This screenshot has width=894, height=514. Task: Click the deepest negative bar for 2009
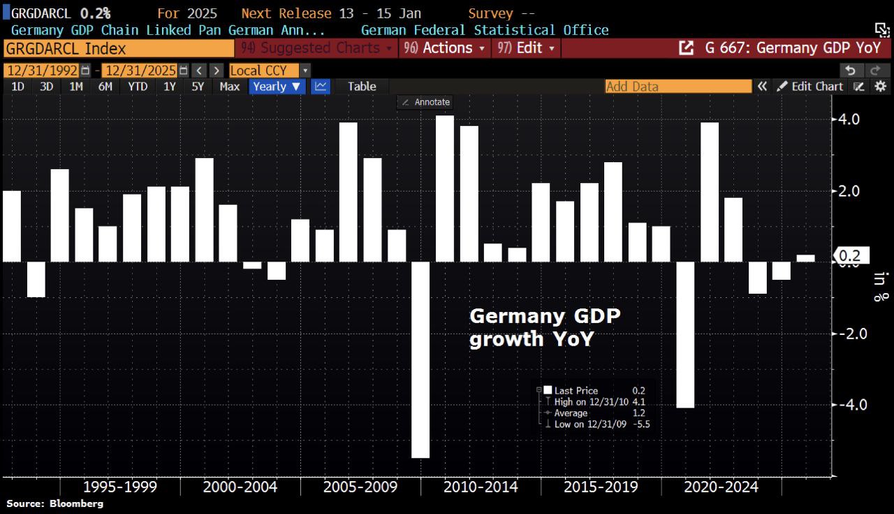[420, 359]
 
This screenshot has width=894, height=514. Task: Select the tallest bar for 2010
[445, 188]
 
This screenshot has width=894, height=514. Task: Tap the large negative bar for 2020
[685, 334]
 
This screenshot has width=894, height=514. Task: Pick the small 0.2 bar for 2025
[805, 258]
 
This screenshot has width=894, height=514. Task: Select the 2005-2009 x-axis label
[360, 487]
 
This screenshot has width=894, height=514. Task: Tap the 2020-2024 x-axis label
[721, 487]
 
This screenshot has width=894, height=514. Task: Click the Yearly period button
[277, 86]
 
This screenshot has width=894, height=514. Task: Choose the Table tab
[362, 86]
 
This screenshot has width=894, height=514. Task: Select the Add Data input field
[677, 86]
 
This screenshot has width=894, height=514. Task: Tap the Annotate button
[425, 102]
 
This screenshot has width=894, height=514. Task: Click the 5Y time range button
[198, 86]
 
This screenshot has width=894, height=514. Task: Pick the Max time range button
[229, 86]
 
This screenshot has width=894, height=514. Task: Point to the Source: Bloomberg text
[54, 504]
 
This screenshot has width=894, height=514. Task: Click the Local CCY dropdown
[270, 70]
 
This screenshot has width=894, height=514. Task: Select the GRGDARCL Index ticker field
[119, 48]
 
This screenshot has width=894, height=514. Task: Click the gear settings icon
[880, 86]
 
